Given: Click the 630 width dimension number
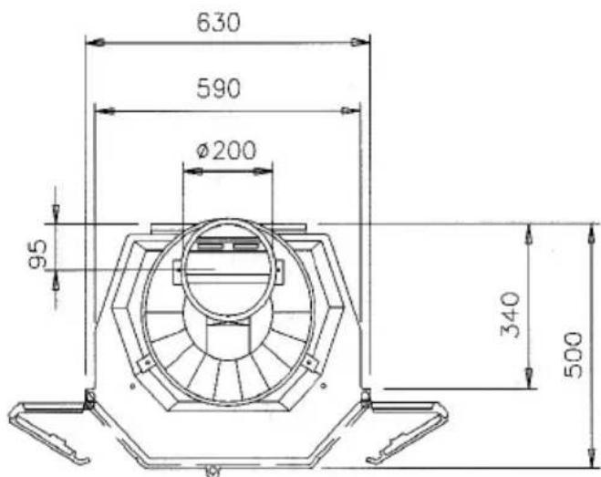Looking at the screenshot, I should click(220, 22).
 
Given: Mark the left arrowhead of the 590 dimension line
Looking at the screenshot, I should click(103, 110).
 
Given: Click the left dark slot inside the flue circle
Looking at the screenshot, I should click(211, 247).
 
